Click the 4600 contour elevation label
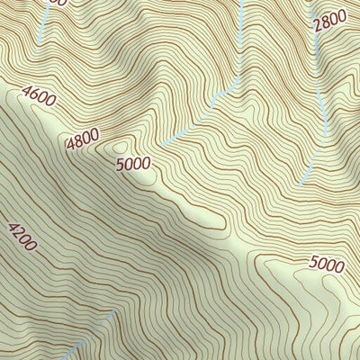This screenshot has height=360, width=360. click(x=38, y=94)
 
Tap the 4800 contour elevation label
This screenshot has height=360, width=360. click(x=82, y=140)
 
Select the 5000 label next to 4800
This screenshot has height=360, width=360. click(x=133, y=164)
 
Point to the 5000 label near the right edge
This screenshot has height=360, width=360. click(x=326, y=265)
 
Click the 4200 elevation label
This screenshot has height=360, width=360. click(x=22, y=237)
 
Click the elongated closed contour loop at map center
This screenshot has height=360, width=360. click(x=207, y=216)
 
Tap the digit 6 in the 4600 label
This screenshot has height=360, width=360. click(x=33, y=91)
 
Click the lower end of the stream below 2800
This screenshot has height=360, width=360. click(x=301, y=184)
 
